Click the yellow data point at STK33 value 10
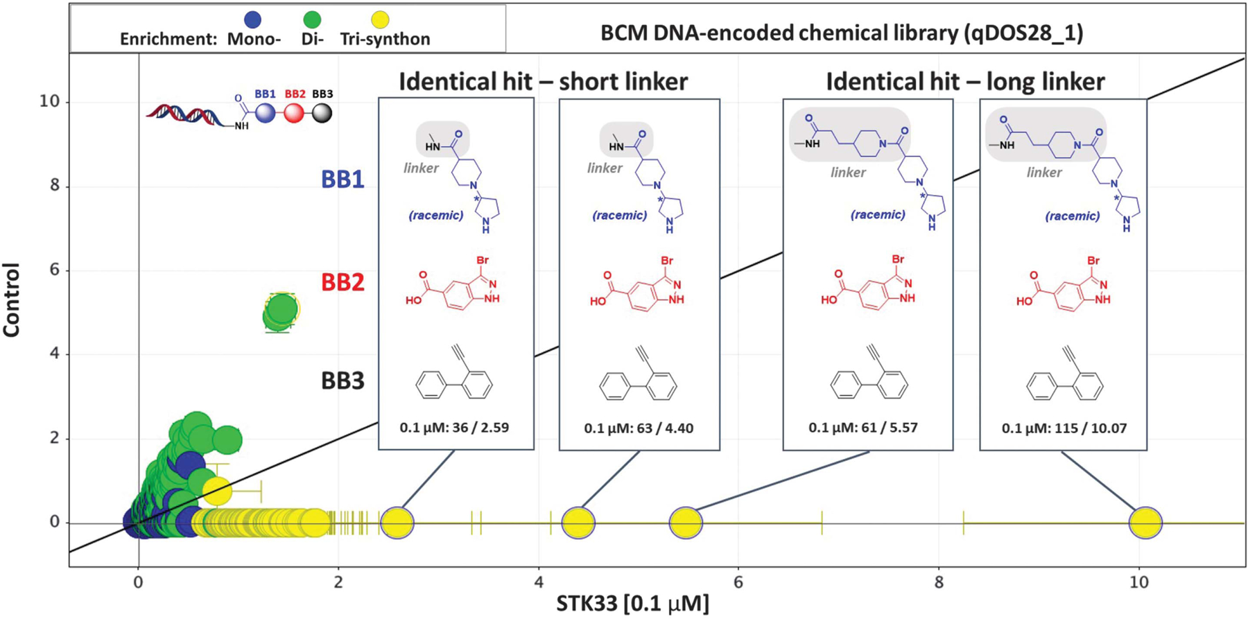click(1145, 523)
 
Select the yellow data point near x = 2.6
click(397, 523)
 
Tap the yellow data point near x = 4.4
click(578, 523)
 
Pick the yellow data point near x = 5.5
click(686, 523)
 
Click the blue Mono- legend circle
click(252, 20)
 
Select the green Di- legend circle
click(312, 20)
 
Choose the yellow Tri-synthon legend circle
click(380, 20)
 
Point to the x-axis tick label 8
click(938, 582)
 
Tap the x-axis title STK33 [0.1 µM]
click(632, 604)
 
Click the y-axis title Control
click(12, 299)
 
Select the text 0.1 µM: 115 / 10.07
click(1064, 428)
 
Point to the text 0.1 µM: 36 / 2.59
click(454, 427)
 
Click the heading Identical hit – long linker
click(965, 82)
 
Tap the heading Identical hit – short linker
click(543, 82)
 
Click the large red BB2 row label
click(343, 283)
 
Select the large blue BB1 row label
click(343, 180)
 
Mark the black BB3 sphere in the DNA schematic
click(322, 113)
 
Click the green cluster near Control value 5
click(281, 311)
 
